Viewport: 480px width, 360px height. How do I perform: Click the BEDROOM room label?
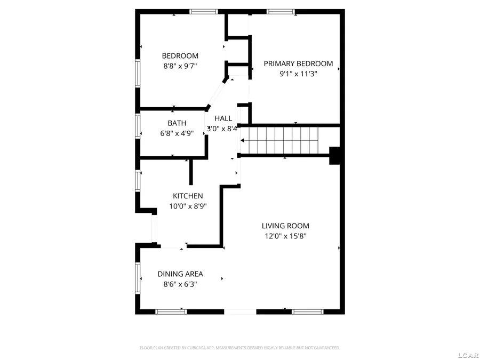[180, 56]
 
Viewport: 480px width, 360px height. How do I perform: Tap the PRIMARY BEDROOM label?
[298, 63]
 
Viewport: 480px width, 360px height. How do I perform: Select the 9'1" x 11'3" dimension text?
[298, 74]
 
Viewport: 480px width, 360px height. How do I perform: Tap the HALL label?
[223, 118]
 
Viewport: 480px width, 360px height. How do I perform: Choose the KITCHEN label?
[187, 196]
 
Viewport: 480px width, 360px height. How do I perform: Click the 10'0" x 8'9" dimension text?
[187, 206]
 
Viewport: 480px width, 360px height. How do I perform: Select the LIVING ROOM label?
[285, 226]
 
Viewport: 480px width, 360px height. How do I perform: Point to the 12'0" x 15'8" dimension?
[285, 236]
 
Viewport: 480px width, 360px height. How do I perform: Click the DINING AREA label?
[180, 274]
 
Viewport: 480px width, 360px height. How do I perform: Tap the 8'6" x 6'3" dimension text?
[180, 284]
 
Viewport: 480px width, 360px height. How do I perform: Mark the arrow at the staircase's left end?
[243, 141]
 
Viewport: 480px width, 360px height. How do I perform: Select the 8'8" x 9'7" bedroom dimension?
[180, 67]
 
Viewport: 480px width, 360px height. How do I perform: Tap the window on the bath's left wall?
[138, 127]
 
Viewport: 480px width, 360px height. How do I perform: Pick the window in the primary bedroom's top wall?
[281, 11]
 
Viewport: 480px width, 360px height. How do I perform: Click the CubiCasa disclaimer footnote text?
[239, 348]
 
